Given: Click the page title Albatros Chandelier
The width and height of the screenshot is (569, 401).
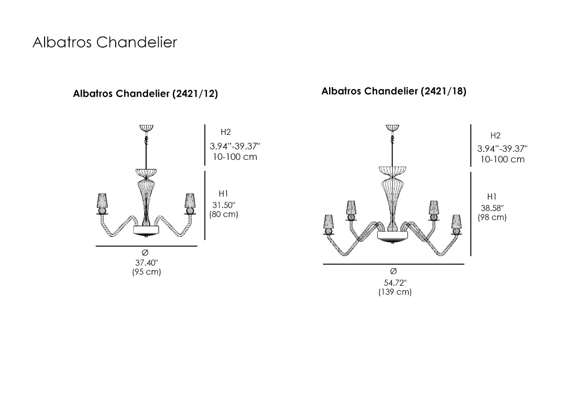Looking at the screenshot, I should pyautogui.click(x=105, y=43).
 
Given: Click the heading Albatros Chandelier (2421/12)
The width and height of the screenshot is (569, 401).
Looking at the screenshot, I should pyautogui.click(x=145, y=94).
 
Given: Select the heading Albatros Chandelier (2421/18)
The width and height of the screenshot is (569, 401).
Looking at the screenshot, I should pyautogui.click(x=394, y=91).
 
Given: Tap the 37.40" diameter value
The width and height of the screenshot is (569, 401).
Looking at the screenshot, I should pyautogui.click(x=146, y=263).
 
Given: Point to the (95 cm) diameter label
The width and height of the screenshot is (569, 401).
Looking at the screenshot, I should pyautogui.click(x=146, y=272).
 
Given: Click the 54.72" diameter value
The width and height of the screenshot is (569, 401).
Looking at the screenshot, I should pyautogui.click(x=395, y=283).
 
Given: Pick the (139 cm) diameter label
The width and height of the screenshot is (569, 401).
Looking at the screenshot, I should pyautogui.click(x=395, y=292).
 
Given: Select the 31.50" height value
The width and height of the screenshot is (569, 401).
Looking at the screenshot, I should pyautogui.click(x=223, y=205).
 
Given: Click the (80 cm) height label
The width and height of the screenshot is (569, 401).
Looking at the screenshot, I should pyautogui.click(x=223, y=214).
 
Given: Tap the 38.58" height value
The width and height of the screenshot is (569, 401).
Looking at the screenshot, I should pyautogui.click(x=492, y=208).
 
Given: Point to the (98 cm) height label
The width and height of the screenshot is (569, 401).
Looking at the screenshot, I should pyautogui.click(x=492, y=217).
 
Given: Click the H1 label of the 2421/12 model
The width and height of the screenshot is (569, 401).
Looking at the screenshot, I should pyautogui.click(x=223, y=193).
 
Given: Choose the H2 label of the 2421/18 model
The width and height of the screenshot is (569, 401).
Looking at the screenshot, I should pyautogui.click(x=495, y=135).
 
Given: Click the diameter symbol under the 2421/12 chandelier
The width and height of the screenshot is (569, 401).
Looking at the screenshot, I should pyautogui.click(x=145, y=253).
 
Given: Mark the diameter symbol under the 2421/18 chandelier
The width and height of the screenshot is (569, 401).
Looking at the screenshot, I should pyautogui.click(x=393, y=271).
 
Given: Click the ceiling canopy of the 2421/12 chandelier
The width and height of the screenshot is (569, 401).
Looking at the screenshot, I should pyautogui.click(x=146, y=128).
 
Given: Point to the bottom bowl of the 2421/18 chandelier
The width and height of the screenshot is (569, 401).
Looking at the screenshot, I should pyautogui.click(x=392, y=237).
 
